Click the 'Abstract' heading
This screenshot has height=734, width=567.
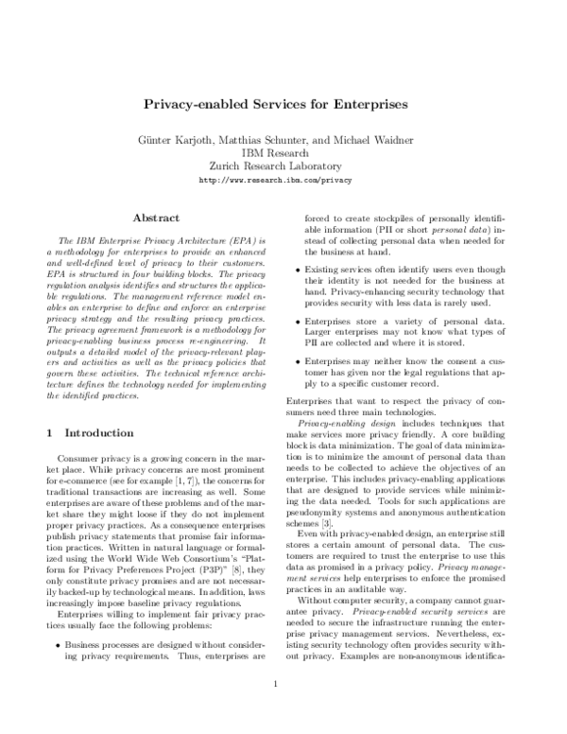pyautogui.click(x=156, y=218)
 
